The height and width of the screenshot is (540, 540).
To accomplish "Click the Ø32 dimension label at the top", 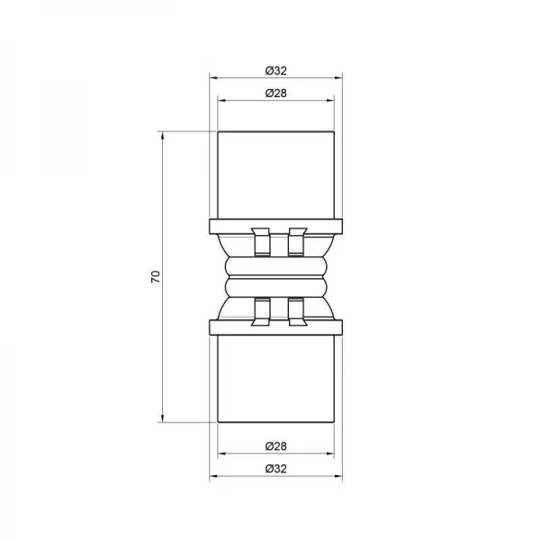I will tap(277, 70).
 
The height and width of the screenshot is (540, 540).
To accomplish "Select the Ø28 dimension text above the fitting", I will tap(277, 93).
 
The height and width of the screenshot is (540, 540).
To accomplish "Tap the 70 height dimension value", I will tap(155, 276).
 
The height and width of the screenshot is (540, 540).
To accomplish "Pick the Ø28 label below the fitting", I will tap(277, 447).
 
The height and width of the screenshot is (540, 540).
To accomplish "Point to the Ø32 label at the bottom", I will tap(277, 469).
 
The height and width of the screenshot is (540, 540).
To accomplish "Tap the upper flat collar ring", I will tap(277, 224).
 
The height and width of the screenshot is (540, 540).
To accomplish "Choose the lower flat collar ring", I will tap(277, 325).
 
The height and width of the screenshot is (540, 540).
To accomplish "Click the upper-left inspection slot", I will tap(260, 240).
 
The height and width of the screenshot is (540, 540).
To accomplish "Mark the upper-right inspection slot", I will tap(294, 240).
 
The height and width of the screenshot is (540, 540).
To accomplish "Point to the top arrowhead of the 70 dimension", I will tap(162, 135).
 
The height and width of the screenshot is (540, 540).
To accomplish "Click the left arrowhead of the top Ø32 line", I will tap(213, 79).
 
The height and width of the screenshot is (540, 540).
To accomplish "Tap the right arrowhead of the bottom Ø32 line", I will tap(341, 478).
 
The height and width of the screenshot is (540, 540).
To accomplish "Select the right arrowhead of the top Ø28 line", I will tap(334, 102).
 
